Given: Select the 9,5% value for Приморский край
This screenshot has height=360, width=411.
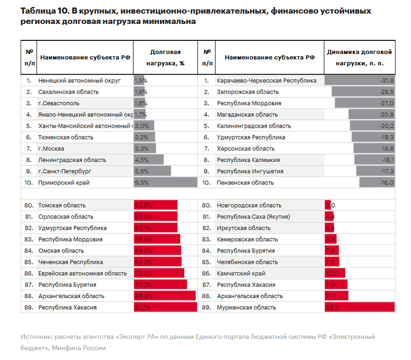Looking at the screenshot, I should [142, 183].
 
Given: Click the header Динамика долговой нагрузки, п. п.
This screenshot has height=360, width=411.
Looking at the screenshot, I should [359, 57].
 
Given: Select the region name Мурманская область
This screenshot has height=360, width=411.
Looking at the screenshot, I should [246, 307].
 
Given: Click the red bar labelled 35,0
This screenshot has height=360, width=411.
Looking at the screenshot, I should [359, 307].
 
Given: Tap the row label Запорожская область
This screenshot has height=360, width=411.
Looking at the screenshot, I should [248, 92].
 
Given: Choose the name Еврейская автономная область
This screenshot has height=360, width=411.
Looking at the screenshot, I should [83, 273].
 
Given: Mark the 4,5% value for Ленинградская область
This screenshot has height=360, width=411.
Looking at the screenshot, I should [142, 160].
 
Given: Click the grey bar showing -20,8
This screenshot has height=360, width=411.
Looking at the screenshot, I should [372, 115].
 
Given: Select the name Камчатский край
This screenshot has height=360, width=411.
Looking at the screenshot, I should [241, 273].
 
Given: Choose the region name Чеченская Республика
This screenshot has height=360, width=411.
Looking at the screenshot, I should [71, 262].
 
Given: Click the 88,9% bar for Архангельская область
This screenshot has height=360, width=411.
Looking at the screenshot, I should [165, 296].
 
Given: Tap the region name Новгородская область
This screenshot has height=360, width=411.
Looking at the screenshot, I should [249, 205].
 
